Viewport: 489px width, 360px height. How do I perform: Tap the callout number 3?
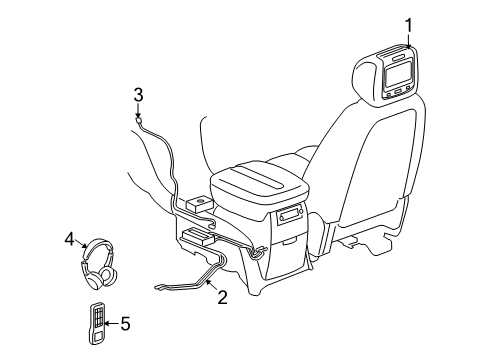click(139, 95)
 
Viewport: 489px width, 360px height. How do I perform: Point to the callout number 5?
click(125, 323)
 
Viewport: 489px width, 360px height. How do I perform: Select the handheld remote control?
click(97, 325)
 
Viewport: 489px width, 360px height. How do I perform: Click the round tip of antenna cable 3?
click(139, 117)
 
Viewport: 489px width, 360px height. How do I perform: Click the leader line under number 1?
click(408, 39)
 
